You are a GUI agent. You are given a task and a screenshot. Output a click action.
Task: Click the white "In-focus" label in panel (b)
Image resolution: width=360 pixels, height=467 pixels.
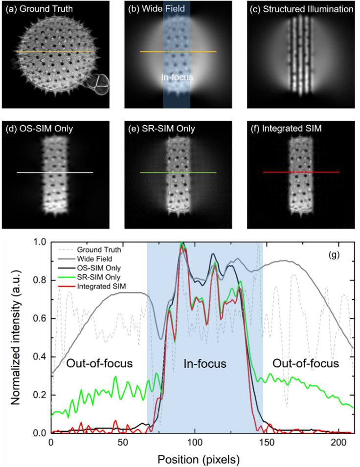pyautogui.click(x=177, y=77)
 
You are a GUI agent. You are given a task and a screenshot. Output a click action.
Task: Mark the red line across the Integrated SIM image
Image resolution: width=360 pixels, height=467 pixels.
pyautogui.click(x=301, y=172)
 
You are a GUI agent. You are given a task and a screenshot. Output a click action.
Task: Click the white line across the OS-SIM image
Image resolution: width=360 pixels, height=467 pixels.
pyautogui.click(x=54, y=173)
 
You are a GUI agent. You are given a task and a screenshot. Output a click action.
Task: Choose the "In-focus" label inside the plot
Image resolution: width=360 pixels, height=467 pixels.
pyautogui.click(x=205, y=364)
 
